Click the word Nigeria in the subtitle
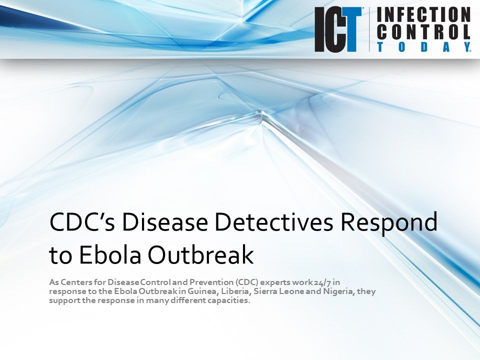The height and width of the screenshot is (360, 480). pyautogui.click(x=340, y=292)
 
